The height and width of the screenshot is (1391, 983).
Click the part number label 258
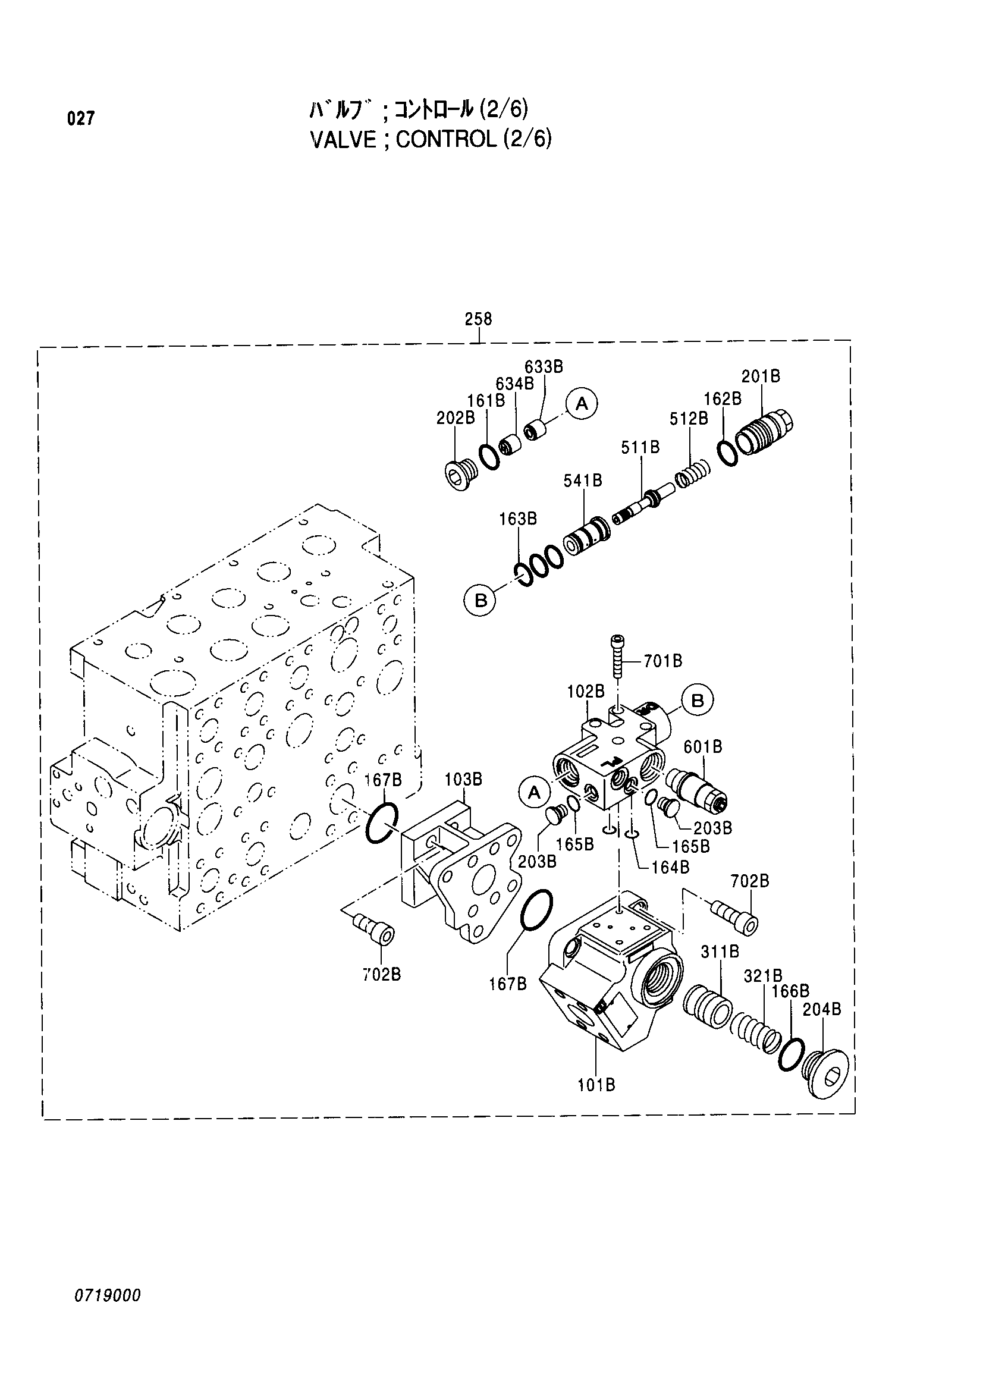point(478,319)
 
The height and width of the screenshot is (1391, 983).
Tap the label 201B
point(761,376)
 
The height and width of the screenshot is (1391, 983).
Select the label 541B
point(583,481)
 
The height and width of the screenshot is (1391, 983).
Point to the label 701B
point(662,661)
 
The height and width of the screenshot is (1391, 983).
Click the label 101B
point(596,1085)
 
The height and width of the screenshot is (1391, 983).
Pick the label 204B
point(821,1010)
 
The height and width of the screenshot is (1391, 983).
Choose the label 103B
point(463,779)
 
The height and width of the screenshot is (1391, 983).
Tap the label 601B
point(702,748)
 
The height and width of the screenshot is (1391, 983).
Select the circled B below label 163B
point(480,601)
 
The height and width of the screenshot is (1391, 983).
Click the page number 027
point(81,119)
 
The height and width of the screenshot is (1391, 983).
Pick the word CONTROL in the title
point(446,140)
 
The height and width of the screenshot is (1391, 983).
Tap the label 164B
point(670,868)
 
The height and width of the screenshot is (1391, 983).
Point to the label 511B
point(640,448)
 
